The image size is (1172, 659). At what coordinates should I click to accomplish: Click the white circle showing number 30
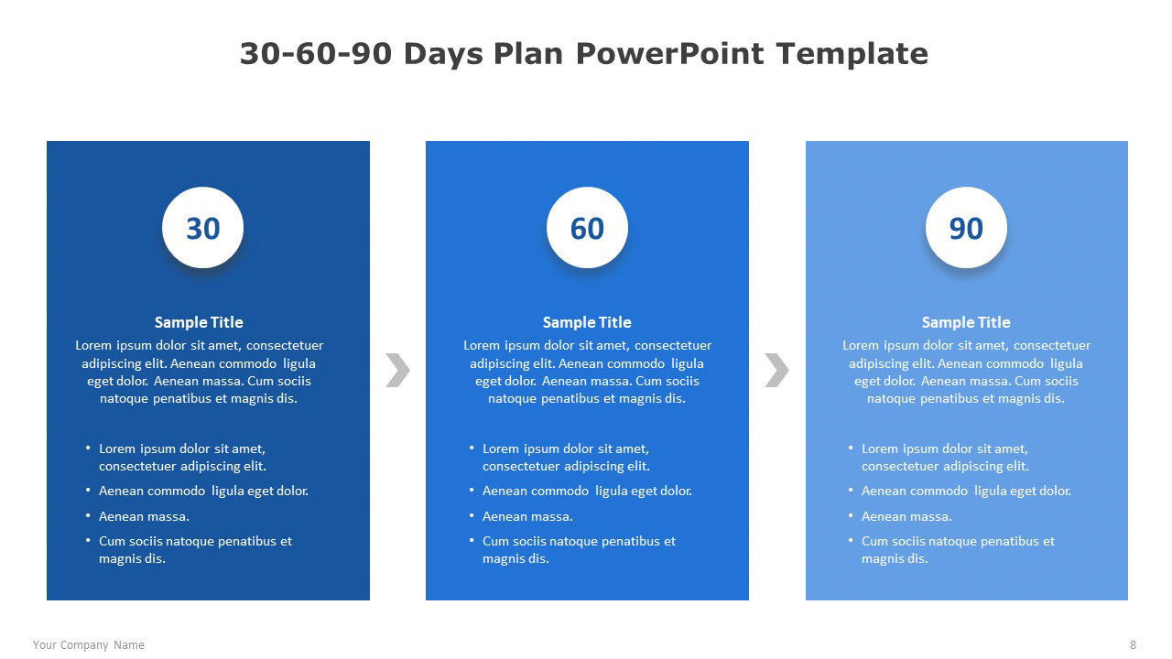pos(202,228)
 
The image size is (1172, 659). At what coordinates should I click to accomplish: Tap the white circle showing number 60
pos(587,228)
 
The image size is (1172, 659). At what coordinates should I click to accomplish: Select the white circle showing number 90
pos(966,228)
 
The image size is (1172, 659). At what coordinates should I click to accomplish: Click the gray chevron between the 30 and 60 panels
pos(397,371)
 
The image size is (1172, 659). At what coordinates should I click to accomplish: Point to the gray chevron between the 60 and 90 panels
pos(776,371)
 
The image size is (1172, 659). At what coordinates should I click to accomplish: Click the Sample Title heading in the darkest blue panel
pos(199,322)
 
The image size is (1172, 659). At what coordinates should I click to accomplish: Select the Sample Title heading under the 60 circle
pos(587,322)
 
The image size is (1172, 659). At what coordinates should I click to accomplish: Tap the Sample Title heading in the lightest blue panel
pos(966,322)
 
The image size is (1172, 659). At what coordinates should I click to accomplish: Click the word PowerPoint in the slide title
pos(669,53)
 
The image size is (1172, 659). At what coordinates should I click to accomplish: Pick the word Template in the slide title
pos(852,53)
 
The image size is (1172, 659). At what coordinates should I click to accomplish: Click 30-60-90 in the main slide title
pos(316,53)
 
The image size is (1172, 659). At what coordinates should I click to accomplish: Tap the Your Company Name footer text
pos(89,645)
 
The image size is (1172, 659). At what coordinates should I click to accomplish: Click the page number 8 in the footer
pos(1134,645)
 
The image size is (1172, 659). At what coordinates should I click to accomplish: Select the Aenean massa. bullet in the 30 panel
pos(144,516)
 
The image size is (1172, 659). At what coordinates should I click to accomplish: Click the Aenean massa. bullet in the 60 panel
pos(527,516)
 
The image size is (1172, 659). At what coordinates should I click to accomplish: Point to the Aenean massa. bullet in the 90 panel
pos(906,516)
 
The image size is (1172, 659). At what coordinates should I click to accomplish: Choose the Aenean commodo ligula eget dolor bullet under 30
pos(203,492)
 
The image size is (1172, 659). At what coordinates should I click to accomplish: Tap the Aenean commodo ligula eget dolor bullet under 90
pos(966,492)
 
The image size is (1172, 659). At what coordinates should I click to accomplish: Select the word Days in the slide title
pos(443,54)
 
